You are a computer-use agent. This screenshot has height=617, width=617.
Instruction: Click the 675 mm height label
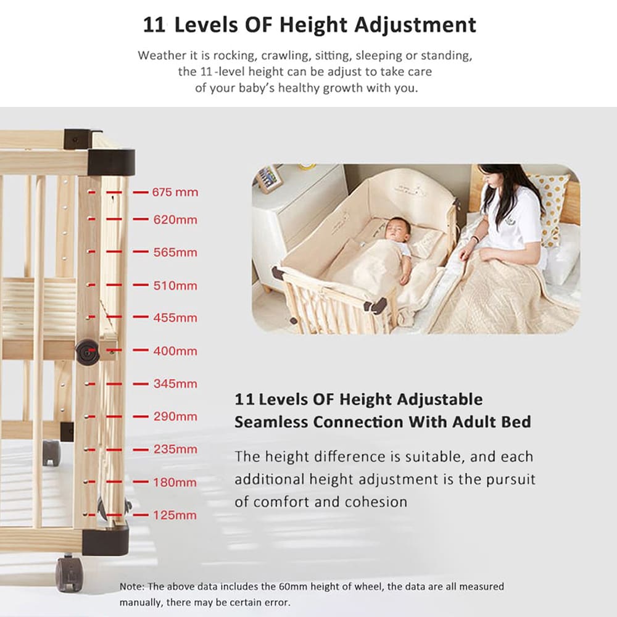pyautogui.click(x=175, y=192)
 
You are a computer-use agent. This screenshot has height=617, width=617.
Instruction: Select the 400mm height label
pyautogui.click(x=175, y=351)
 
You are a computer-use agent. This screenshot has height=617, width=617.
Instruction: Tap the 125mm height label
pyautogui.click(x=175, y=515)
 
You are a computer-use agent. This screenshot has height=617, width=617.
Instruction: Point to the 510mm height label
pyautogui.click(x=175, y=286)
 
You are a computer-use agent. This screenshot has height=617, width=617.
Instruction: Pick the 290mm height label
pyautogui.click(x=175, y=416)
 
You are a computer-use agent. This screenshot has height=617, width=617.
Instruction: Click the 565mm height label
pyautogui.click(x=175, y=252)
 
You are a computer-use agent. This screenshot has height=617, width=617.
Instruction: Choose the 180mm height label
pyautogui.click(x=175, y=482)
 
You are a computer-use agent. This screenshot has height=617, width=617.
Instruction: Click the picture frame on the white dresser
pyautogui.click(x=269, y=178)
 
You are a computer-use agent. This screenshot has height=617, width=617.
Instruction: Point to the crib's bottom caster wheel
pyautogui.click(x=67, y=573)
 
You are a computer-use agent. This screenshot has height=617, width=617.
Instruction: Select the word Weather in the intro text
pyautogui.click(x=162, y=56)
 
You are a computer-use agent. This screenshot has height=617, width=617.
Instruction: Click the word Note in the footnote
pyautogui.click(x=131, y=586)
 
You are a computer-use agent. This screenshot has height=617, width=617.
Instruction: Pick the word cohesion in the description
pyautogui.click(x=376, y=502)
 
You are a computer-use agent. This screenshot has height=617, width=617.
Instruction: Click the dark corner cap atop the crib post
pyautogui.click(x=110, y=162)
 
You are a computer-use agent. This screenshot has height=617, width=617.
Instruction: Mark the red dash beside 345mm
pyautogui.click(x=140, y=384)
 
